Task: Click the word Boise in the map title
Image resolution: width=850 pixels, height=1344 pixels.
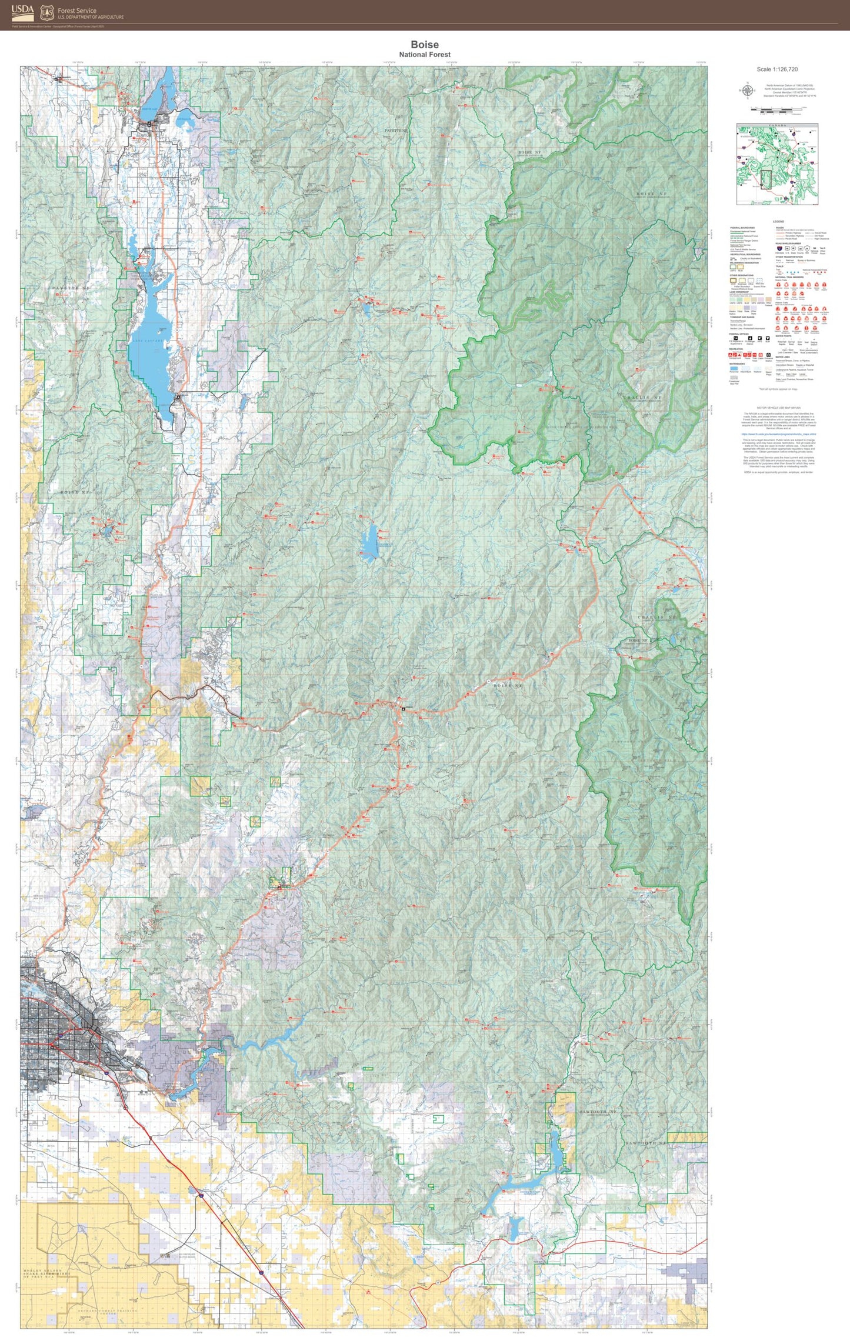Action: tap(424, 45)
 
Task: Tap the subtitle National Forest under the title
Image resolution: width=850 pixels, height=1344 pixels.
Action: tap(424, 55)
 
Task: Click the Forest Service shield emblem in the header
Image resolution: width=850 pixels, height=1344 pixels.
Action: tap(47, 12)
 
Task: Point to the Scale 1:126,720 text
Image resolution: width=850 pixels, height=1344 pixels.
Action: tap(776, 69)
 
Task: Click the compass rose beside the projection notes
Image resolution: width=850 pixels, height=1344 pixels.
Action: tap(748, 91)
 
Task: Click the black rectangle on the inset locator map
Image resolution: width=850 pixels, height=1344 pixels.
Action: tap(766, 179)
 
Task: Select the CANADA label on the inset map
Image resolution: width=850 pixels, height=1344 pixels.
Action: tap(777, 126)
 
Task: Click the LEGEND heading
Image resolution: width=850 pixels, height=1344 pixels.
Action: tap(778, 222)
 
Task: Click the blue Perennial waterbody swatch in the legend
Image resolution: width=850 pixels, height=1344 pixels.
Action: tap(733, 369)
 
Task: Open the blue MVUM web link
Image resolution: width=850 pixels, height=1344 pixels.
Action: tap(778, 435)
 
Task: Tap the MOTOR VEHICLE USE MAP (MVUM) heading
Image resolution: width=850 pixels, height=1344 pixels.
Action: tap(778, 408)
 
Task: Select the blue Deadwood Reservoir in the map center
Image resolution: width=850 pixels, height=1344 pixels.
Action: tap(369, 539)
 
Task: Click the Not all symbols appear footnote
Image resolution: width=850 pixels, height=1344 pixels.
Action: tap(778, 389)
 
